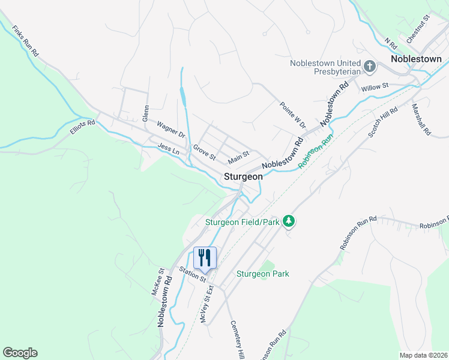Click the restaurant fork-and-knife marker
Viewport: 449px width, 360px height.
205,257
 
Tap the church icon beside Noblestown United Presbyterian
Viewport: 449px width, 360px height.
369,67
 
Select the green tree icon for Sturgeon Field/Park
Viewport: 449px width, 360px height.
289,221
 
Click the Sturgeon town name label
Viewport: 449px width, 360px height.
243,177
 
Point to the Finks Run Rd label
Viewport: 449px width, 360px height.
26,41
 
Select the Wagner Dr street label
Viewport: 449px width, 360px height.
171,129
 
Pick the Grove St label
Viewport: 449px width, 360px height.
204,152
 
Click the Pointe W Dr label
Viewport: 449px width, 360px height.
293,115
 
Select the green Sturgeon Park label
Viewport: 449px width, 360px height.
262,274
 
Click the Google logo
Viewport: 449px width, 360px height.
20,353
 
